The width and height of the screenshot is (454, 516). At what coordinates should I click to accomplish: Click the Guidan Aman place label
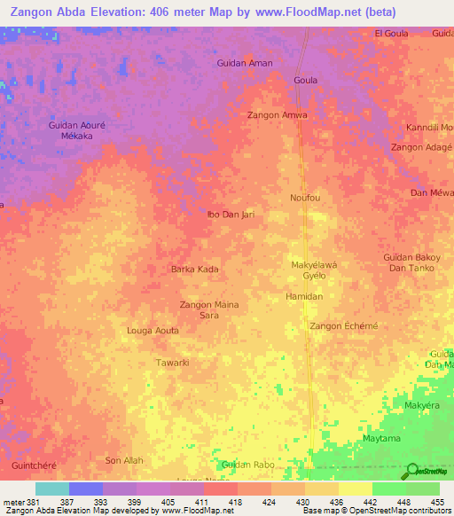point(245,63)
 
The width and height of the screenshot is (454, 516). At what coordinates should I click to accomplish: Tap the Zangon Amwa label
point(278,115)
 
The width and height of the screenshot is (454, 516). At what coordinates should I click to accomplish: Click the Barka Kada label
point(194,269)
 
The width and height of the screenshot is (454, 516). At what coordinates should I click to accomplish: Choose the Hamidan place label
point(306,296)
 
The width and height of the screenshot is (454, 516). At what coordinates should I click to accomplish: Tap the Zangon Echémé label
point(343,326)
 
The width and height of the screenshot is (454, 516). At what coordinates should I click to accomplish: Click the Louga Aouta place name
point(153,330)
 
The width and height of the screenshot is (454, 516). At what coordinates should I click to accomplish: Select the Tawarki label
point(173,363)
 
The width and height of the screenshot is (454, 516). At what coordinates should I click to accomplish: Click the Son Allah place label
point(124,460)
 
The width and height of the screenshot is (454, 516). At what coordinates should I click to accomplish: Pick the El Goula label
point(391,33)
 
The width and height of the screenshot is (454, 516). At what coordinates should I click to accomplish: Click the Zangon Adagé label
point(422,146)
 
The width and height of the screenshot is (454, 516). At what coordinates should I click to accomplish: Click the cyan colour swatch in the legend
point(51,489)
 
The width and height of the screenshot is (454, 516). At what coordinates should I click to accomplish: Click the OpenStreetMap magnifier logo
point(411,473)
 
